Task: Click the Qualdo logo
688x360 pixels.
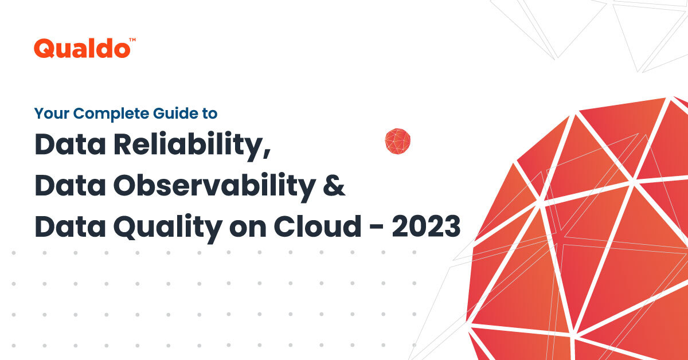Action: pos(81,48)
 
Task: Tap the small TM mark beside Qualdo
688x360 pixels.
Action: pos(132,40)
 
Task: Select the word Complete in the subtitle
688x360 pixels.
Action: pos(98,114)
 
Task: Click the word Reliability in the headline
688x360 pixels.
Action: pos(191,146)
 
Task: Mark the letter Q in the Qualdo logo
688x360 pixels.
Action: pos(44,49)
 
